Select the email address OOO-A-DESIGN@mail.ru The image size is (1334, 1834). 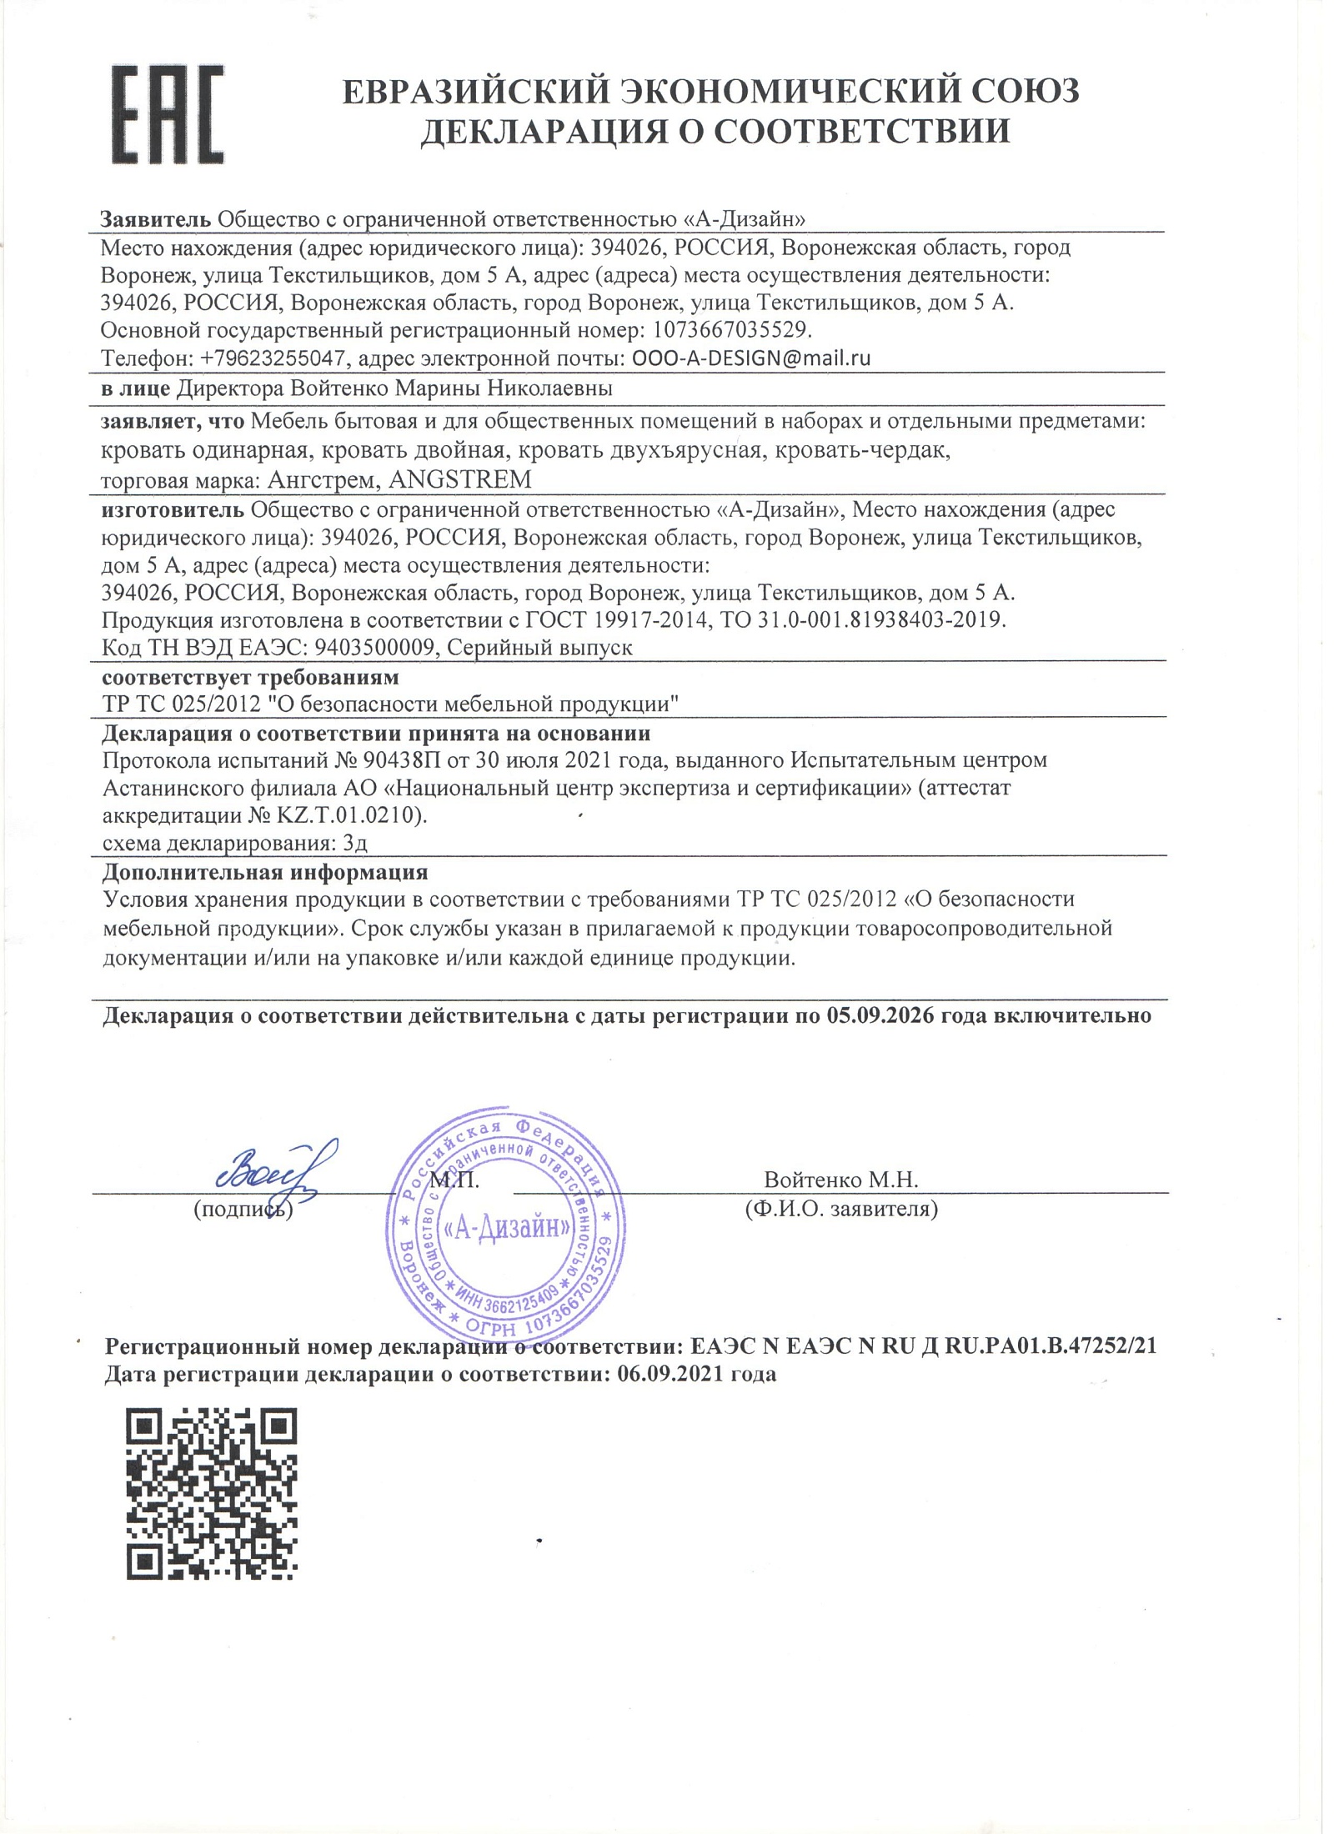coord(751,358)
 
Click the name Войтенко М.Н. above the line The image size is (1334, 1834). coord(840,1180)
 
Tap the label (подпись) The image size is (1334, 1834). coord(243,1209)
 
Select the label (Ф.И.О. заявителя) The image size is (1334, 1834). coord(840,1209)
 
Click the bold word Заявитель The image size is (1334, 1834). coord(156,219)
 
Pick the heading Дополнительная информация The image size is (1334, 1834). coord(264,872)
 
